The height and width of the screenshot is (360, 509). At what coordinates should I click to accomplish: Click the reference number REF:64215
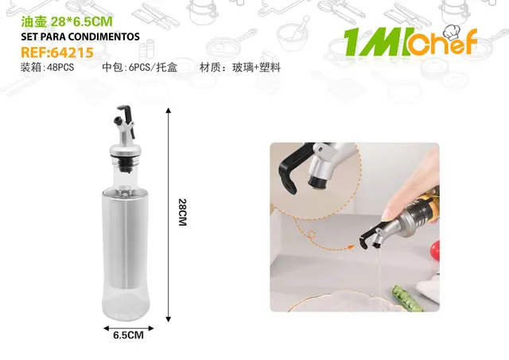[x=57, y=52]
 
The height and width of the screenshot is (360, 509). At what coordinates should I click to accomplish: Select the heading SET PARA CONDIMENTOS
[x=80, y=37]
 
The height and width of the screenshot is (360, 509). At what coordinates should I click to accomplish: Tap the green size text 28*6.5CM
[x=82, y=21]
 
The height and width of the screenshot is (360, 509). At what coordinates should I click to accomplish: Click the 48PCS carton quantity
[x=60, y=68]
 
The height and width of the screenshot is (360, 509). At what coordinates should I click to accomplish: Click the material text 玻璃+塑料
[x=256, y=68]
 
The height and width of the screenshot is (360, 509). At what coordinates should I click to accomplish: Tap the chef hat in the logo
[x=453, y=33]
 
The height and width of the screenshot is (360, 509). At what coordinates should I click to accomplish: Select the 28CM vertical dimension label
[x=182, y=212]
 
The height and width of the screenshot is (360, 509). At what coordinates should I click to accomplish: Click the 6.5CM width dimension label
[x=129, y=335]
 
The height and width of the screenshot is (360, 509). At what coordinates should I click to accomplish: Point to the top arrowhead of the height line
[x=168, y=110]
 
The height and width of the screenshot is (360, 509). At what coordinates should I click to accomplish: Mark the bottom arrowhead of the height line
[x=168, y=319]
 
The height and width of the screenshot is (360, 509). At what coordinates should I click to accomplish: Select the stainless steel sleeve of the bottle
[x=125, y=239]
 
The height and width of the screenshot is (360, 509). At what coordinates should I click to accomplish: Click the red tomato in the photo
[x=435, y=250]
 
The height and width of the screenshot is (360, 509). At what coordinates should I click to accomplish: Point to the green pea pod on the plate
[x=408, y=298]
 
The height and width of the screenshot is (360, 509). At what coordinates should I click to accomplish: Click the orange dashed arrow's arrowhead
[x=351, y=247]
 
